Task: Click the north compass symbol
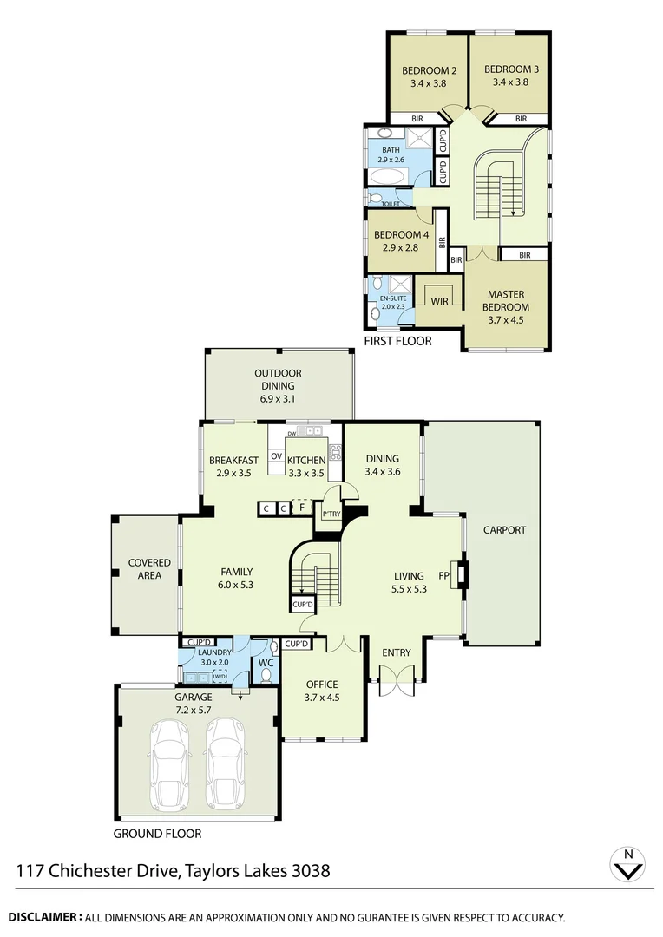click(628, 864)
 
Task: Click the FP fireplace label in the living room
click(443, 575)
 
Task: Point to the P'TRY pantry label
click(331, 514)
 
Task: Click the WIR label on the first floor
click(439, 301)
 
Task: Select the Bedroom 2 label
click(429, 70)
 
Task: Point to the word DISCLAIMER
click(44, 916)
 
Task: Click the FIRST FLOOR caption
click(397, 341)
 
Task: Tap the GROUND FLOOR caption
click(158, 834)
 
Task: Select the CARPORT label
click(504, 529)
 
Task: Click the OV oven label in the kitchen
click(276, 456)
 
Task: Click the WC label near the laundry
click(266, 663)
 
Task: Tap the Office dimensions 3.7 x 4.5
click(322, 697)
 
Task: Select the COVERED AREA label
click(149, 569)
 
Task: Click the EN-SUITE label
click(392, 298)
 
